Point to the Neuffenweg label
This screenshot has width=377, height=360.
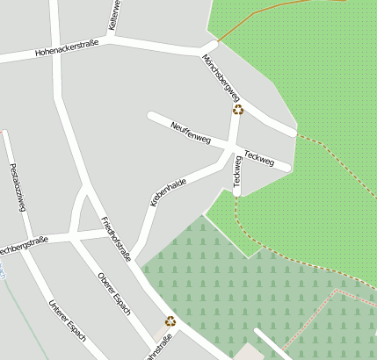pos(191,133)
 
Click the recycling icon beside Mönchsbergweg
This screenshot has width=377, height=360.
pos(238,110)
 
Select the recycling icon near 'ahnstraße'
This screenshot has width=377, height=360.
pos(170,321)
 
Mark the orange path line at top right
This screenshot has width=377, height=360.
pos(264,16)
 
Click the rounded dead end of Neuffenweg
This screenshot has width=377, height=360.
pos(152,116)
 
